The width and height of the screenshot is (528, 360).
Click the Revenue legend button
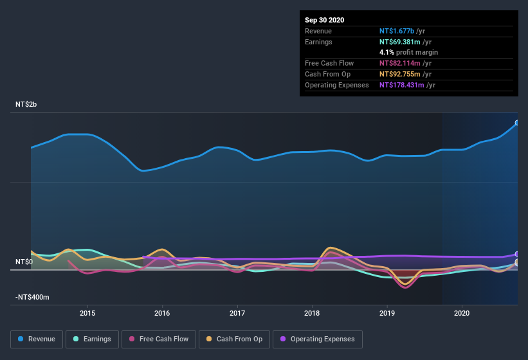click(x=36, y=339)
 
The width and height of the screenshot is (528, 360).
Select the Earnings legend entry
click(x=91, y=339)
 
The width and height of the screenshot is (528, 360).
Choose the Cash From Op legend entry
click(x=233, y=339)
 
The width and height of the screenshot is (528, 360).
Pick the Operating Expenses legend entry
click(x=318, y=339)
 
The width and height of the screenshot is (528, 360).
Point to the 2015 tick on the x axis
click(x=87, y=313)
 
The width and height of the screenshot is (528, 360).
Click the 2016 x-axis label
click(x=162, y=313)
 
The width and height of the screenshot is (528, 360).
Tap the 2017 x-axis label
click(x=237, y=313)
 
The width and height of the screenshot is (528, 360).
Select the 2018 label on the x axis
click(x=312, y=313)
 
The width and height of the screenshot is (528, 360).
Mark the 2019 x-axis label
click(x=387, y=313)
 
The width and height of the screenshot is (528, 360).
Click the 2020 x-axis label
click(x=462, y=313)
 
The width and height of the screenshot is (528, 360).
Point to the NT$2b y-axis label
click(x=27, y=104)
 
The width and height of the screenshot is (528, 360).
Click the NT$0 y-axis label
click(x=24, y=262)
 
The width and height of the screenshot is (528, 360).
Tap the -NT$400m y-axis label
click(x=33, y=298)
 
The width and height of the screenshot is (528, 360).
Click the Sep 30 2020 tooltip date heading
click(x=324, y=20)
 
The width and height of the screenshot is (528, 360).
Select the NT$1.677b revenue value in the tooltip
click(x=397, y=31)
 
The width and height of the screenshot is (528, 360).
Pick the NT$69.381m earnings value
click(x=399, y=42)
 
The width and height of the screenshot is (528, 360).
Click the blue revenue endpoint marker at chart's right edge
click(x=517, y=123)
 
